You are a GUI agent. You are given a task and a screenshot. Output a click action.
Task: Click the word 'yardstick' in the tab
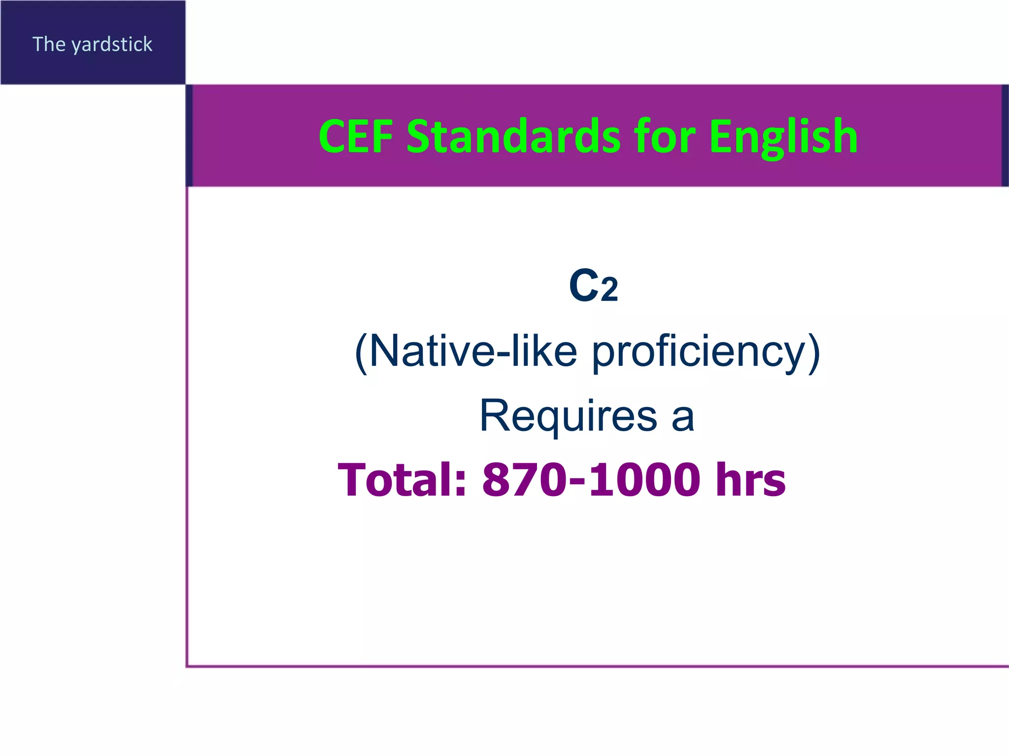point(112,45)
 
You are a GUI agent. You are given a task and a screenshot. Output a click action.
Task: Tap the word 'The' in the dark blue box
point(49,44)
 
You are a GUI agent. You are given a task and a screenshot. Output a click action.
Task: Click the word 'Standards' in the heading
point(513,136)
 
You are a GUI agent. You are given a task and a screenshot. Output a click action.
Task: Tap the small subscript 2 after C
point(609,290)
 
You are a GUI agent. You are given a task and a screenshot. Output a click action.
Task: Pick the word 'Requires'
point(568,416)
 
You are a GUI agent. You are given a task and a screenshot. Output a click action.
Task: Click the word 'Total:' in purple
point(402,479)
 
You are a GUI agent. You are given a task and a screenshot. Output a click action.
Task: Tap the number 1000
point(644,479)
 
